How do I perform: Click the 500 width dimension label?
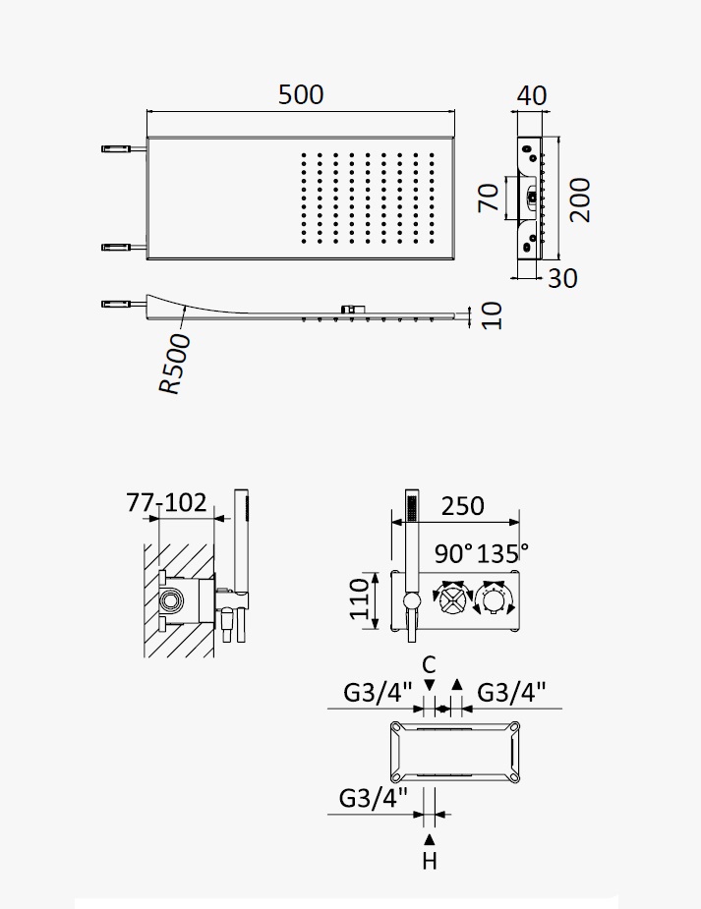tap(300, 94)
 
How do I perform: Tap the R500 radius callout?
tap(175, 364)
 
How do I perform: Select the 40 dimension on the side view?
tap(531, 95)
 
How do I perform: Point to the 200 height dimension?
tap(579, 200)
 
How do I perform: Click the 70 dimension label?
tap(489, 198)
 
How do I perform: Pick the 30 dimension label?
tap(562, 279)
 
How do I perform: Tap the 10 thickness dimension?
tap(492, 316)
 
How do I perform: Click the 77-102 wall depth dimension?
tap(166, 502)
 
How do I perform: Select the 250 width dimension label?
tap(463, 506)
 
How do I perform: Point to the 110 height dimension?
tap(360, 598)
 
